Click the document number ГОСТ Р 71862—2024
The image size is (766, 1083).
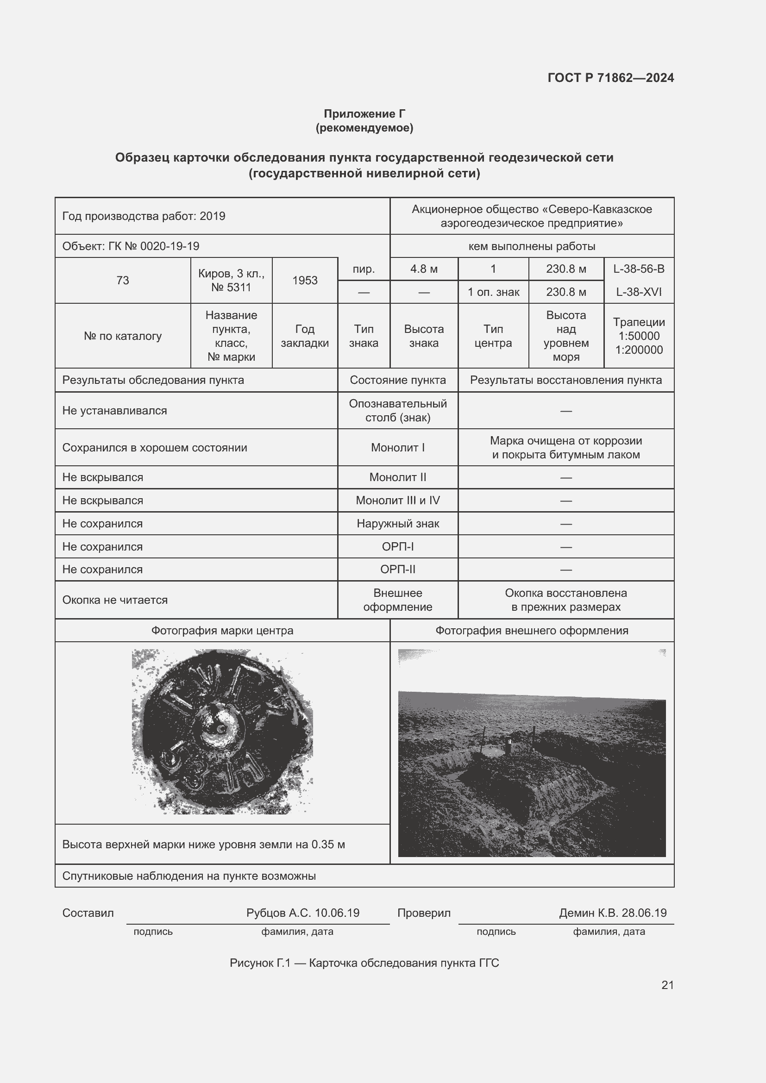click(x=610, y=78)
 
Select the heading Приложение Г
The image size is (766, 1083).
click(x=364, y=114)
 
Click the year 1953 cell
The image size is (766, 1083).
click(x=305, y=280)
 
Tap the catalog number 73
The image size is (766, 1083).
click(x=123, y=280)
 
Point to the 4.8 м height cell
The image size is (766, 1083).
click(x=424, y=269)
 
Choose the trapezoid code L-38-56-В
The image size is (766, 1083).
click(x=639, y=269)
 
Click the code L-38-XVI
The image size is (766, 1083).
click(x=639, y=292)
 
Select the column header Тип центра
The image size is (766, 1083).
click(x=493, y=336)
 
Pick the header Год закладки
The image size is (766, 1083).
click(x=305, y=336)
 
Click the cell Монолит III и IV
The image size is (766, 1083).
click(x=398, y=501)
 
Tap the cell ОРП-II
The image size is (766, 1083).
click(x=398, y=570)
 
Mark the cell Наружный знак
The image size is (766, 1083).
click(x=398, y=524)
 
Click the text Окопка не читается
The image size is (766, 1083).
click(x=115, y=600)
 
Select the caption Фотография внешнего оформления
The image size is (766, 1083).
click(x=532, y=631)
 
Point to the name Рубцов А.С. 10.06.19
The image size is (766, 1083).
click(x=303, y=913)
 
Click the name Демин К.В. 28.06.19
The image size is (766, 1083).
click(x=613, y=913)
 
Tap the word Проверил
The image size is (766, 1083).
click(x=424, y=913)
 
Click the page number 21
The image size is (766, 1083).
click(x=667, y=985)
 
